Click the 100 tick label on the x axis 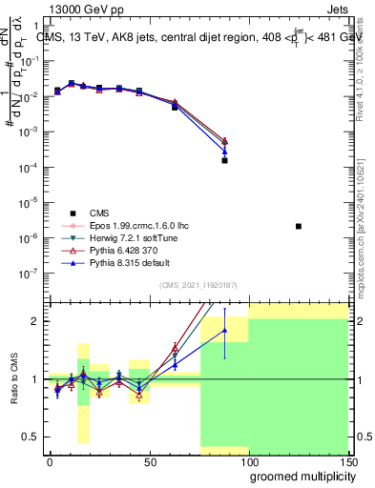(x=250, y=462)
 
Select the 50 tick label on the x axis (x=150, y=462)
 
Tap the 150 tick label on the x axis (x=349, y=462)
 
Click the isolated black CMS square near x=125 (x=299, y=226)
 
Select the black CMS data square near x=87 (x=224, y=161)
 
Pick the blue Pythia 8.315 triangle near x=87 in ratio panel (x=224, y=331)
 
